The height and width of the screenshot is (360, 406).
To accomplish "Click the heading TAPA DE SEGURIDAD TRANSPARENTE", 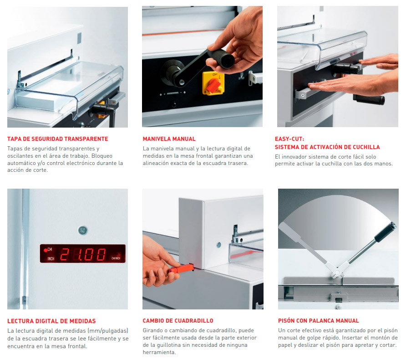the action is (x=57, y=139).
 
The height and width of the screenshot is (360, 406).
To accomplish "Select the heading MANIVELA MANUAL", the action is (x=169, y=139).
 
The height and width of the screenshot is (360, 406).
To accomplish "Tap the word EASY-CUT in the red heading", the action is (x=289, y=139).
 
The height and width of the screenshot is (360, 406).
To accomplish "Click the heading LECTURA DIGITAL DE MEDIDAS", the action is (x=51, y=321).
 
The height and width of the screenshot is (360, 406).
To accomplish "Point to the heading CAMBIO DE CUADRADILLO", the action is (x=178, y=321).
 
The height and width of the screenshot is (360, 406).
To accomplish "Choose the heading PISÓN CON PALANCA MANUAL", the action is (x=319, y=321).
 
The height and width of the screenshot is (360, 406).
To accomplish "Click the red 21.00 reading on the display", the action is (x=83, y=254).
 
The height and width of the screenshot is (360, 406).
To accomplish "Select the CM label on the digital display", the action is (x=50, y=249).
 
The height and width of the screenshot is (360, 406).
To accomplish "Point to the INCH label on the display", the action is (x=51, y=259).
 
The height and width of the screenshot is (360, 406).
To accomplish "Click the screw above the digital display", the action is (x=83, y=230).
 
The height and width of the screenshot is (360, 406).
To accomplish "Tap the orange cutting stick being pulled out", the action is (x=182, y=268).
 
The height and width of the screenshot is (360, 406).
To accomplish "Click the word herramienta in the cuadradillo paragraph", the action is (x=159, y=352).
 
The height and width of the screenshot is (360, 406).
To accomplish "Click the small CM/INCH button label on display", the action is (x=116, y=258).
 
